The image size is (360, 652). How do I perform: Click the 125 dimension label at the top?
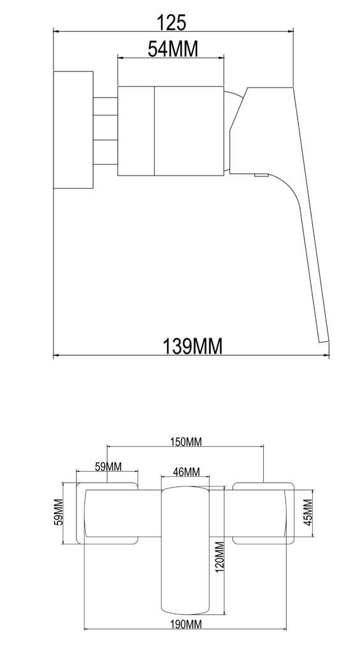tap(172, 22)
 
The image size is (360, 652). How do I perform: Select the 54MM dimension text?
tap(173, 48)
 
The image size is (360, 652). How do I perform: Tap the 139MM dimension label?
tap(193, 346)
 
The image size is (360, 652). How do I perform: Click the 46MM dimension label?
tap(187, 472)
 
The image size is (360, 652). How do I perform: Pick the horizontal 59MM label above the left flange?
tap(108, 467)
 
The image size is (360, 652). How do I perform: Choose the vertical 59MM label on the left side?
tap(58, 513)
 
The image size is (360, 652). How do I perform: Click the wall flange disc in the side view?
tap(74, 130)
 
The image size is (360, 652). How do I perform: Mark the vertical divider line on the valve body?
tap(155, 130)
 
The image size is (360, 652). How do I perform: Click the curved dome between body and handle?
tap(232, 105)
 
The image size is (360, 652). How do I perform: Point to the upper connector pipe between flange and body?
tap(106, 106)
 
